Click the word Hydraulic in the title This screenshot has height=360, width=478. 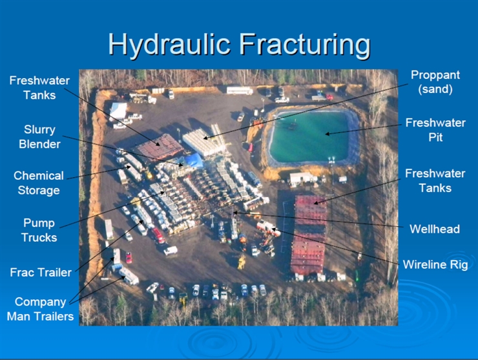[169, 44]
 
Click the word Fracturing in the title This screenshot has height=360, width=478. [305, 44]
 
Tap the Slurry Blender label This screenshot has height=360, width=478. [39, 136]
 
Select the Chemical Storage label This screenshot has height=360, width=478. [39, 183]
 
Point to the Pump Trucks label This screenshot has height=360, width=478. [39, 230]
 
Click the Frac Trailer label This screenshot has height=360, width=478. [41, 272]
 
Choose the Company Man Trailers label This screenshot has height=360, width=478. [40, 309]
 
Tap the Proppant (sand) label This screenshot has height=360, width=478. [435, 82]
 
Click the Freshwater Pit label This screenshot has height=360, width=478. [435, 130]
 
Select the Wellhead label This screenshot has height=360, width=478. [435, 229]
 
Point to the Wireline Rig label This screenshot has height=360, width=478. [435, 264]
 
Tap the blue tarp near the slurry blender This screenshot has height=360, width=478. [193, 160]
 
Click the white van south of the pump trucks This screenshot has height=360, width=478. [171, 251]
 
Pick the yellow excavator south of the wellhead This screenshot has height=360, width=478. [242, 262]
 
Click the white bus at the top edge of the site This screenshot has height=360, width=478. [240, 90]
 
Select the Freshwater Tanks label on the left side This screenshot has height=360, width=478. [39, 87]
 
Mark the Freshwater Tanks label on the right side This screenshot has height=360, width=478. [435, 180]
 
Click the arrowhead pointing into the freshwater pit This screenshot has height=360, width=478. [327, 134]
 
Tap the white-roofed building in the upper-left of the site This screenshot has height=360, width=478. [118, 111]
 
